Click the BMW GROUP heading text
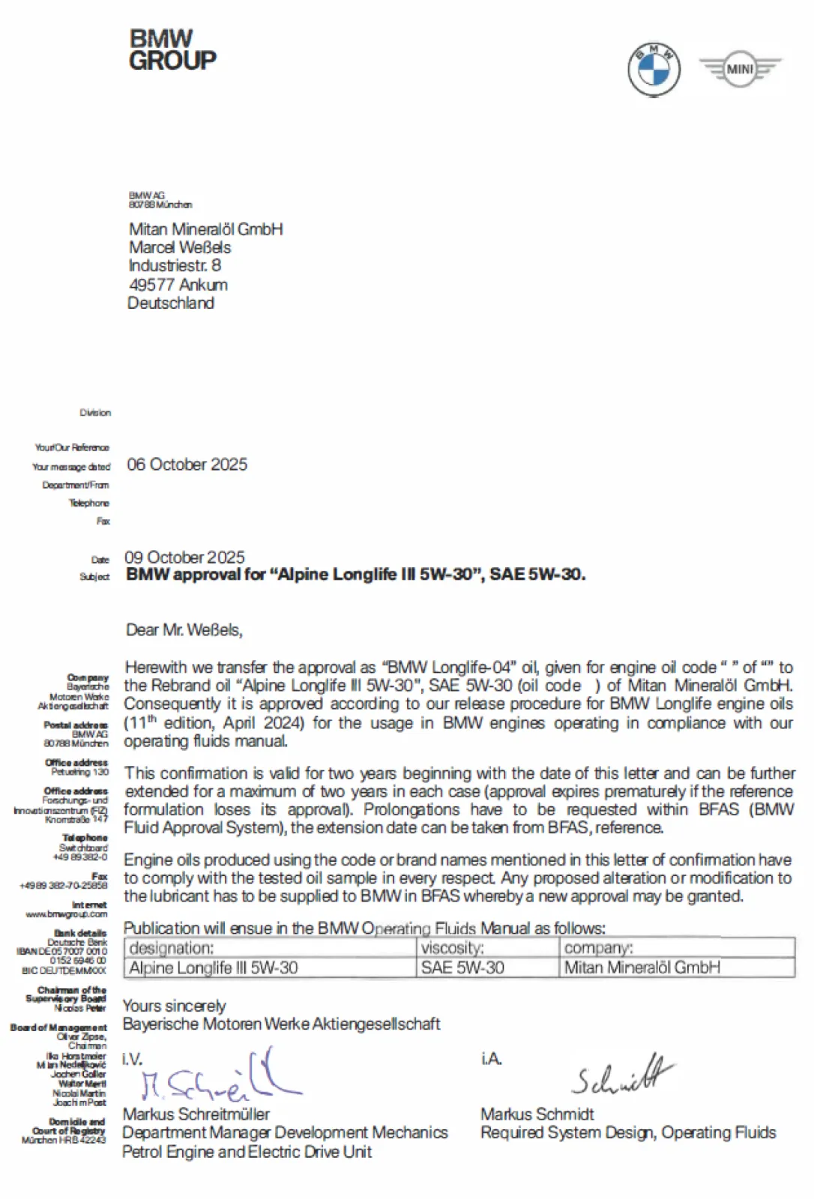click(x=172, y=49)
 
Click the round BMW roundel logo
click(x=654, y=69)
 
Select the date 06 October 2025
click(x=187, y=465)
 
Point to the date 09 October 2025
click(x=184, y=558)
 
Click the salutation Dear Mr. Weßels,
click(x=184, y=630)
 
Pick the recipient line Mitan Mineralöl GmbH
click(x=205, y=229)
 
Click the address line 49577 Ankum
click(x=178, y=285)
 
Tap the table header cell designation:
click(x=172, y=948)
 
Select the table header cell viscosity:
click(x=452, y=948)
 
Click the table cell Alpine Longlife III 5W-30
click(x=214, y=967)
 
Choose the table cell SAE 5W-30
click(x=462, y=967)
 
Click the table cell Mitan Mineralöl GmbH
click(x=642, y=967)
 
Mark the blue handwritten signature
click(x=217, y=1079)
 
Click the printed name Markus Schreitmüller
click(x=196, y=1114)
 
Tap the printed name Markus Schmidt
click(x=537, y=1114)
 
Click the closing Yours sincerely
click(x=174, y=1006)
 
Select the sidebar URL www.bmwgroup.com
click(x=67, y=914)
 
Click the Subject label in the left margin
click(x=94, y=577)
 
